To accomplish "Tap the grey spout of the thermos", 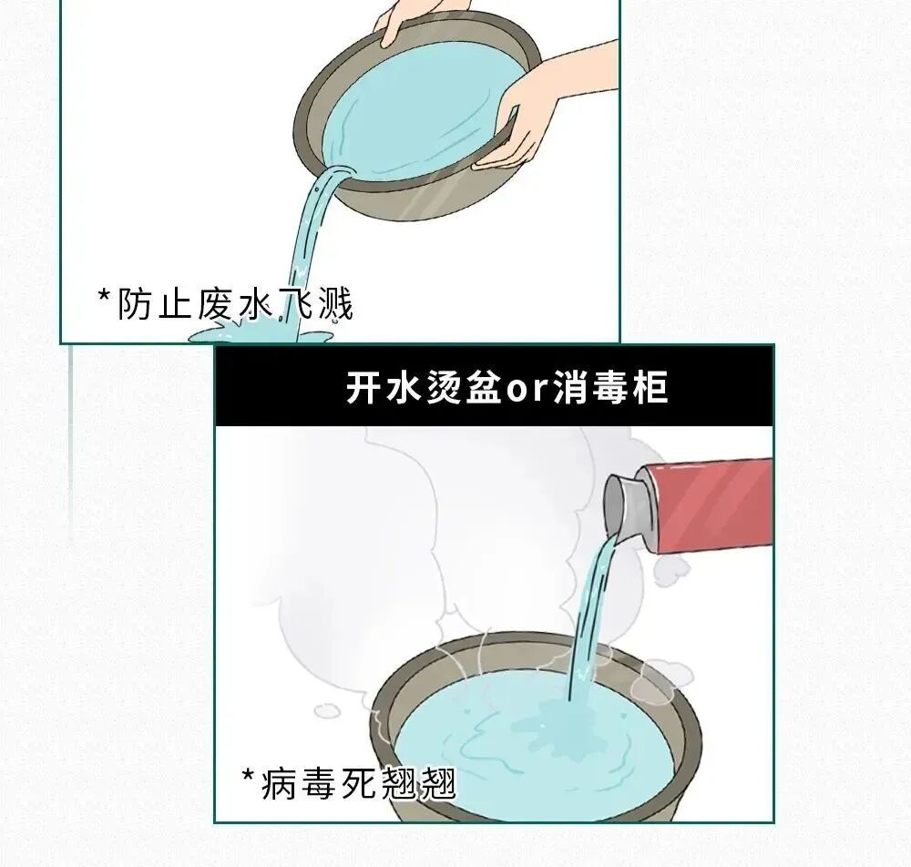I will click(626, 505).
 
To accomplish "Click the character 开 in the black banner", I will click(363, 388).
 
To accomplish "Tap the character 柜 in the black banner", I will click(650, 388).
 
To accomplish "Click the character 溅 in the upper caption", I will click(333, 304).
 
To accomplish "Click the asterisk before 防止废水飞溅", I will click(104, 297).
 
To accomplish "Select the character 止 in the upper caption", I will click(176, 304).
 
